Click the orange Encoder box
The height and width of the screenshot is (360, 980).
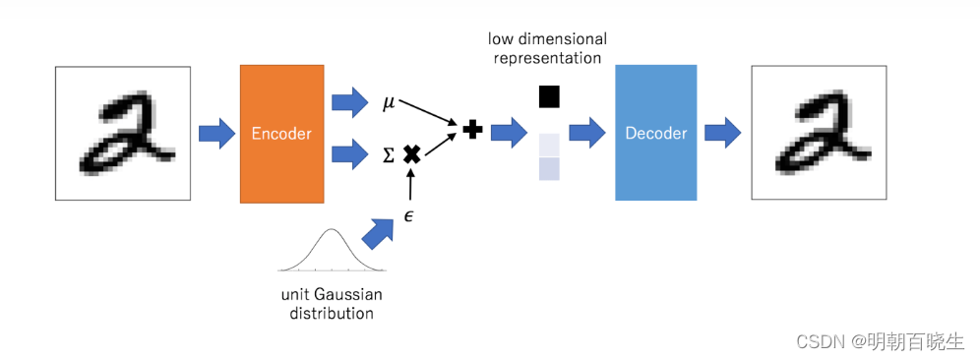(281, 134)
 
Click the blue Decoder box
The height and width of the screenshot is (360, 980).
(655, 134)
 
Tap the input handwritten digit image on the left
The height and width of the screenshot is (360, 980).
(123, 134)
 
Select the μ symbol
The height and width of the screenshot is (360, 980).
(388, 102)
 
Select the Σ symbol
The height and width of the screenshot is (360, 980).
(388, 154)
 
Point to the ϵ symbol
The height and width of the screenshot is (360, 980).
(408, 213)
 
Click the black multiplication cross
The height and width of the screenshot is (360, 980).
(412, 153)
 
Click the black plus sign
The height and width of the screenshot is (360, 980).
(472, 129)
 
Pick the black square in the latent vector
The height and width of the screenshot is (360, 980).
(549, 96)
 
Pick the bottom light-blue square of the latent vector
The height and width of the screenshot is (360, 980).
(549, 168)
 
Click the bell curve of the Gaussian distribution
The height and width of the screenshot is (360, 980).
(331, 251)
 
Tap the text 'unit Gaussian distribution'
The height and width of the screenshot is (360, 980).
(331, 304)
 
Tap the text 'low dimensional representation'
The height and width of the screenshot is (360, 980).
(548, 47)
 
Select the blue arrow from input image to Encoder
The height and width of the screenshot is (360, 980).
(215, 133)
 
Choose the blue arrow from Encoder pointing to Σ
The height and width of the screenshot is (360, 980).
(348, 153)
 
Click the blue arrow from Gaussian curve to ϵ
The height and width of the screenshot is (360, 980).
(378, 233)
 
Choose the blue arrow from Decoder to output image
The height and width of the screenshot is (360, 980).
(723, 133)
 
